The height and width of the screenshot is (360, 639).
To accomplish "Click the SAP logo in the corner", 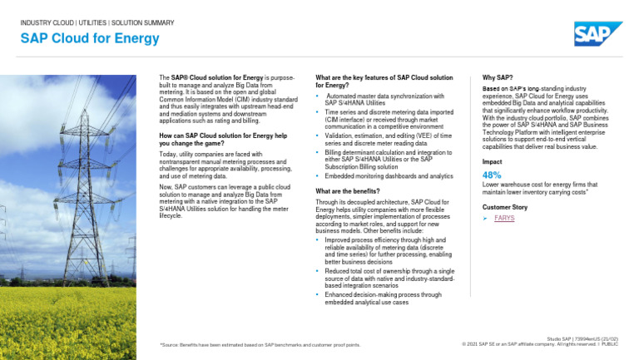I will [597, 34].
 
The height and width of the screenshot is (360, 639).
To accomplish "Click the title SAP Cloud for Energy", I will [90, 38].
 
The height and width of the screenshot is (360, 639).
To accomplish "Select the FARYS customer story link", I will [504, 218].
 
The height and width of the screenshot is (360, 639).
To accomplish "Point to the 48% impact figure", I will [492, 175].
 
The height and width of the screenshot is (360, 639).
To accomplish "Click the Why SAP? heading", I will [498, 77].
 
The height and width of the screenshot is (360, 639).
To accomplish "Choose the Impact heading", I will [493, 161].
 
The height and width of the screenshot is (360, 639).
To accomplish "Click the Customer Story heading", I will [505, 206].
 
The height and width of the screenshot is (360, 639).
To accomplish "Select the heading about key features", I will [384, 81].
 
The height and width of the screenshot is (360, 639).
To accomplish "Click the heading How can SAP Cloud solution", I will [222, 139].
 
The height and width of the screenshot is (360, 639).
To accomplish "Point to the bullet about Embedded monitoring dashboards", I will [389, 176].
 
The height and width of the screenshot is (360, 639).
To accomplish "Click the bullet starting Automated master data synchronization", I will [384, 100].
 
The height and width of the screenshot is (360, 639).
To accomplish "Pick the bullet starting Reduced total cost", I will [389, 278].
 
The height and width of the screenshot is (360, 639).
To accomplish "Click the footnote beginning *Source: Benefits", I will [260, 344].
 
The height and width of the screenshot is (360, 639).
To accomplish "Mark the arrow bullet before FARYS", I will [486, 218].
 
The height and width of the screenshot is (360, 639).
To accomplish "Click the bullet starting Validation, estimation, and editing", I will [389, 138].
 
